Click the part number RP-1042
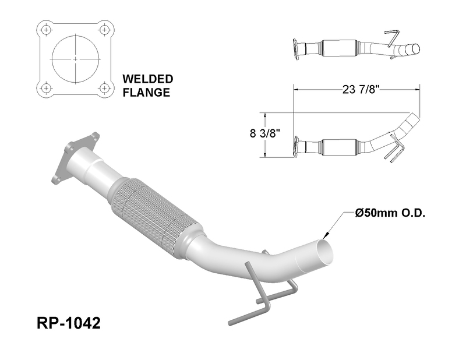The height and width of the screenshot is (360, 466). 69,323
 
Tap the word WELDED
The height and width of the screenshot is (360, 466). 148,79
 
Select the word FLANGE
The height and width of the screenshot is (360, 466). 146,92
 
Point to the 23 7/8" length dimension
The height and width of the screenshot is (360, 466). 361,89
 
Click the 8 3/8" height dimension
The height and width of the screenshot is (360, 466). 266,133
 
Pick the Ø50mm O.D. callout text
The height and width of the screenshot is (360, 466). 390,213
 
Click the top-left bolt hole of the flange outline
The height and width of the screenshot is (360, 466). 46,30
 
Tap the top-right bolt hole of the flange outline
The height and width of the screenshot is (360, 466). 104,30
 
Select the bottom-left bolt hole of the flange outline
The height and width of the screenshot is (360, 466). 46,88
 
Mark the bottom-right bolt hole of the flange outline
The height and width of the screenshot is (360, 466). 104,88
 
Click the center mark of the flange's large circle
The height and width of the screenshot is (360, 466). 75,59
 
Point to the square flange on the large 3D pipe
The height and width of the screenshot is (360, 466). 76,157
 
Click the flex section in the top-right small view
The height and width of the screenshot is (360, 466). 339,48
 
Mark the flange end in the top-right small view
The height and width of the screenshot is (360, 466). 296,50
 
